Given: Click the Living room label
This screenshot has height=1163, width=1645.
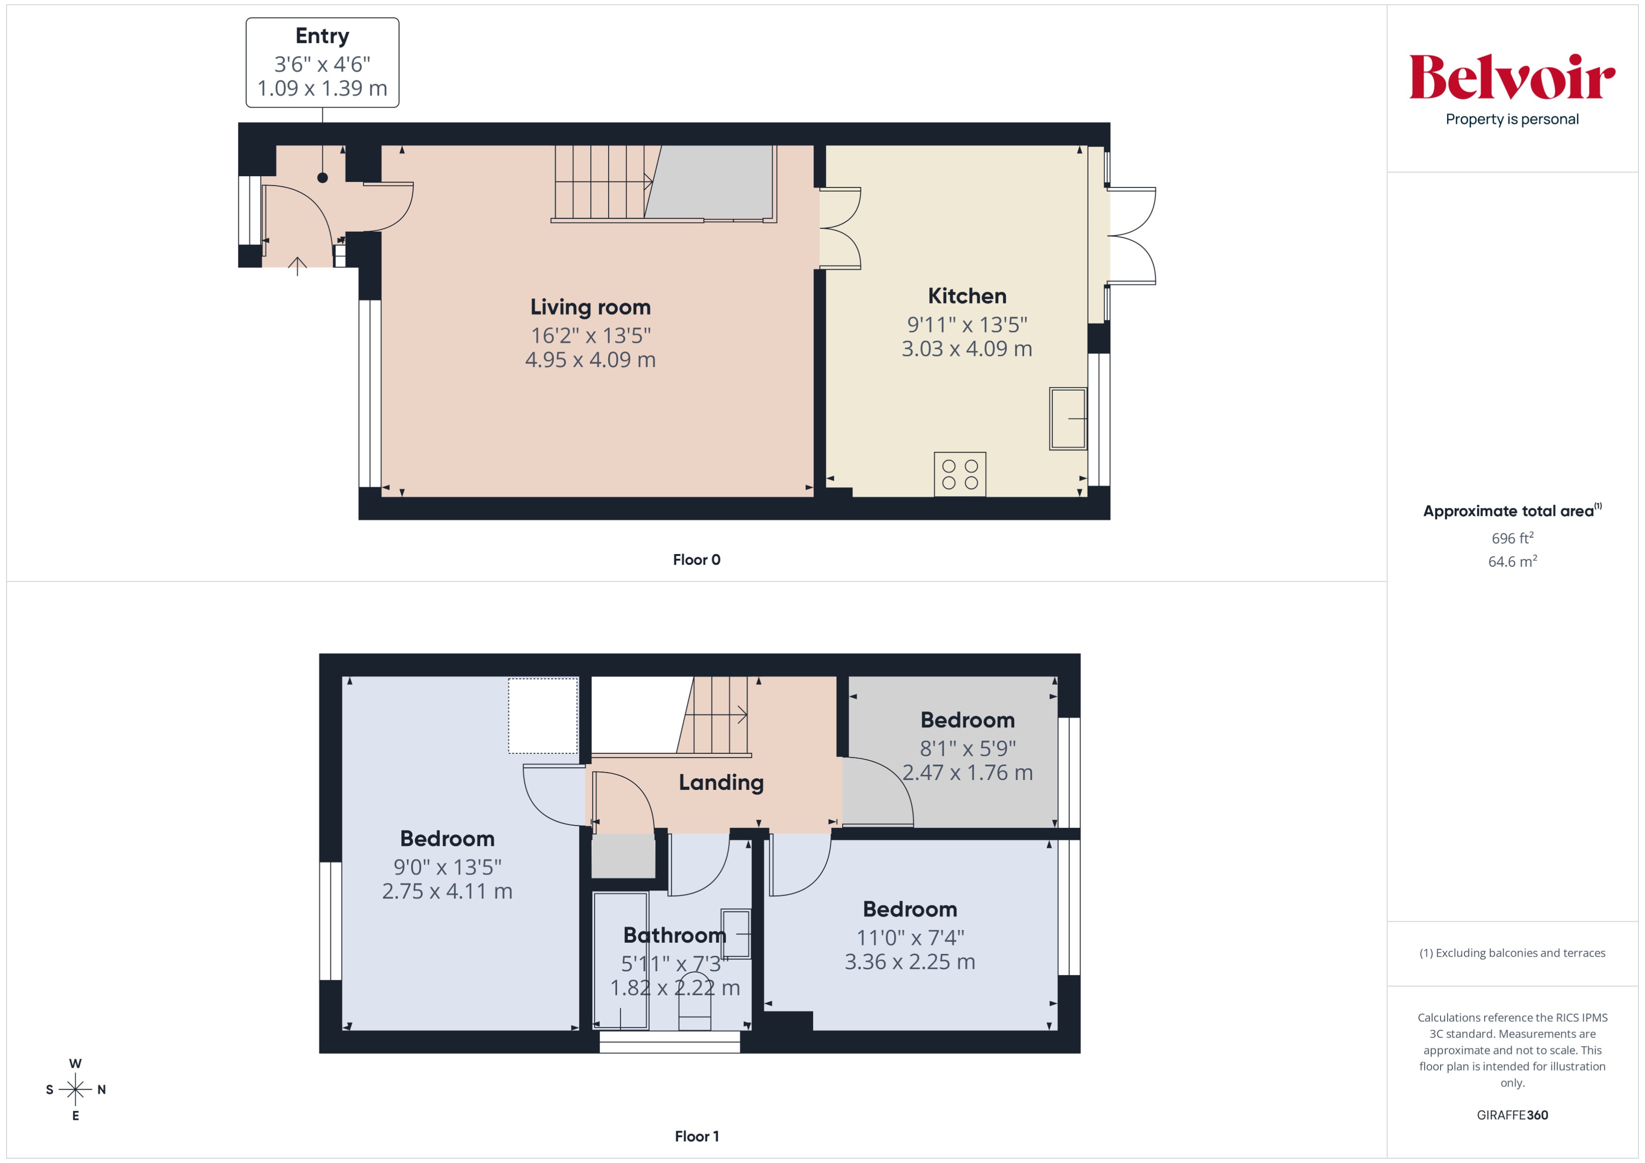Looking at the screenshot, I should [590, 307].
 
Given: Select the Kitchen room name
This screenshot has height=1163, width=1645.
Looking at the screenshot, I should [966, 296].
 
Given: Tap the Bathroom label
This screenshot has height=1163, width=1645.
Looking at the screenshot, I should [674, 935].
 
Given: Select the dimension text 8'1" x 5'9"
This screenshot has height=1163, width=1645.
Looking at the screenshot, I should [967, 749].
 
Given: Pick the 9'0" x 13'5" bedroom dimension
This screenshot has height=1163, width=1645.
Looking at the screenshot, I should [447, 867].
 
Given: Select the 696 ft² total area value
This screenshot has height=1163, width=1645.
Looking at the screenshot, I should [1512, 538].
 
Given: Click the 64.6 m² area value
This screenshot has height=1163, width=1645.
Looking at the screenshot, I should [1512, 562].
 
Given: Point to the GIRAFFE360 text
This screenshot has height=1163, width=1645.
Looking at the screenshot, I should [1512, 1115].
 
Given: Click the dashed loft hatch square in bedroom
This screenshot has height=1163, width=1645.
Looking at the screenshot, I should [543, 715].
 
